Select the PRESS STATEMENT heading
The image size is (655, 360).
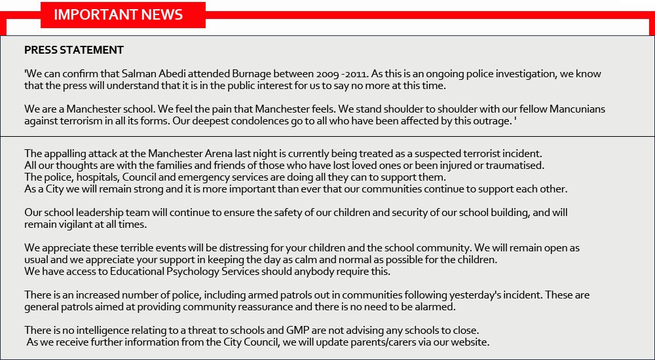coord(74,50)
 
